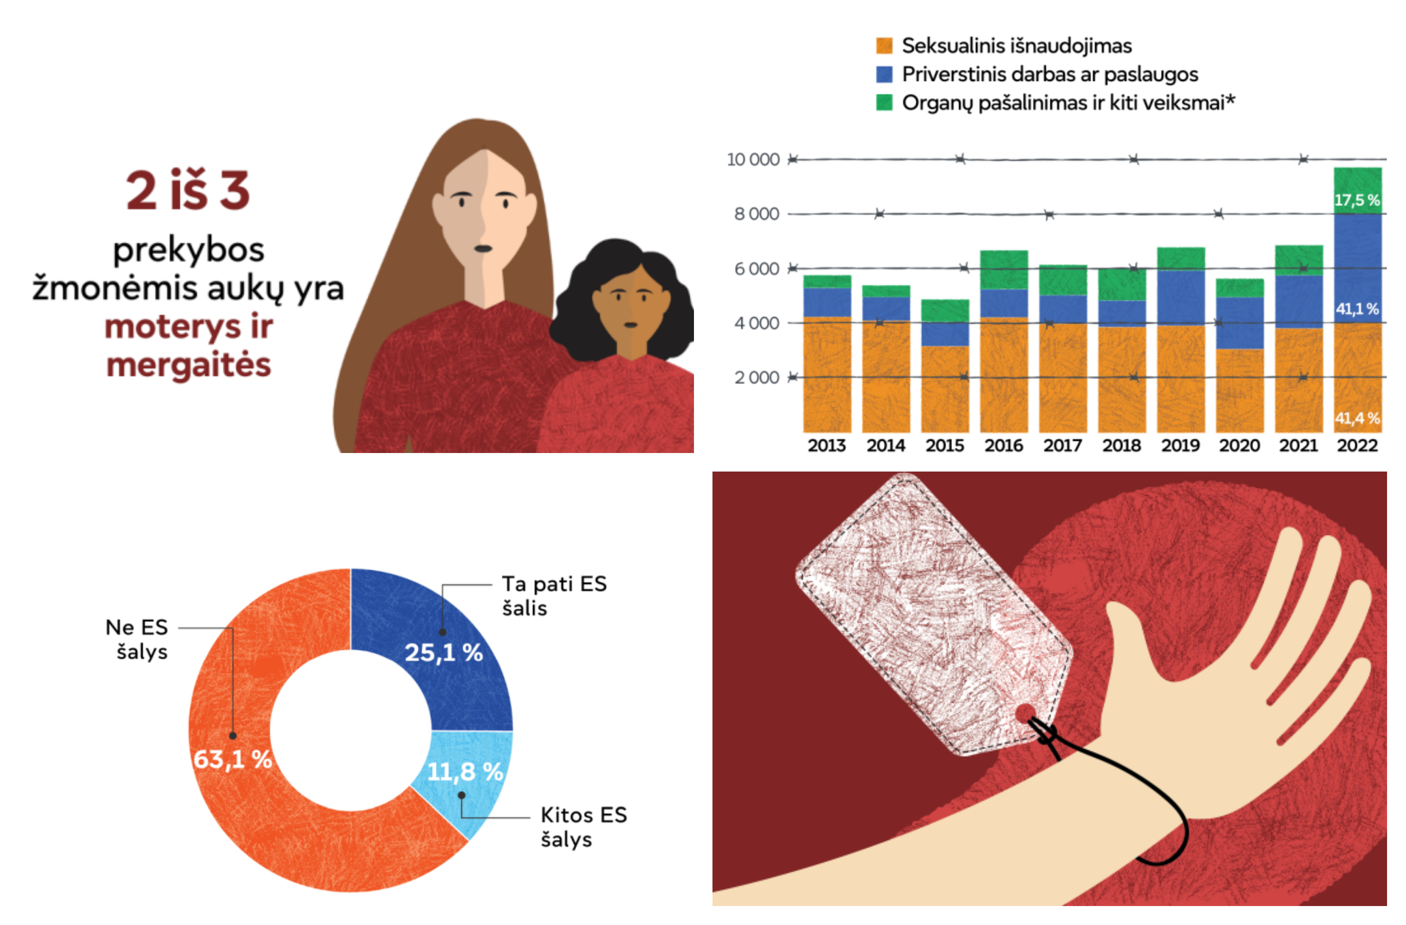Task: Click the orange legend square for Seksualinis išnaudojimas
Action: pos(884,46)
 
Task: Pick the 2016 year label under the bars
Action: pos(1004,445)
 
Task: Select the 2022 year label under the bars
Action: pos(1357,445)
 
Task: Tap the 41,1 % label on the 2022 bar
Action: pos(1357,309)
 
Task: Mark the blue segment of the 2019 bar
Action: pos(1180,298)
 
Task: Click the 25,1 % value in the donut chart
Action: pos(444,653)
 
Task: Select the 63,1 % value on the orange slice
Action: pos(233,759)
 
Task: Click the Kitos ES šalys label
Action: pos(583,827)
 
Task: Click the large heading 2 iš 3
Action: pos(188,191)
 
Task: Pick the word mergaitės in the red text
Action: pos(188,365)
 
